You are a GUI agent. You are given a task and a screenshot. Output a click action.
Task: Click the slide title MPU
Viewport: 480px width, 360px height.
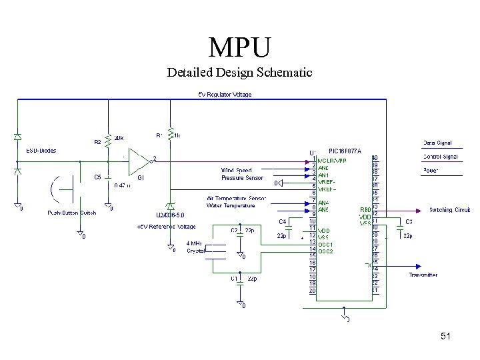click(240, 47)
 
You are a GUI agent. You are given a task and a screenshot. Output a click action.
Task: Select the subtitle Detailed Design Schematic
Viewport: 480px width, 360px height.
click(239, 72)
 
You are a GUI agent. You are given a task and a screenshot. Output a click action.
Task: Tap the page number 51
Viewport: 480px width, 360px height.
click(445, 337)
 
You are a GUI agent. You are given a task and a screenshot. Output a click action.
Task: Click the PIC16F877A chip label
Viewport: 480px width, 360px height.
click(345, 151)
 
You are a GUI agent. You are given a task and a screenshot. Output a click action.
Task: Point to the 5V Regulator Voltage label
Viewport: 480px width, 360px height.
click(225, 95)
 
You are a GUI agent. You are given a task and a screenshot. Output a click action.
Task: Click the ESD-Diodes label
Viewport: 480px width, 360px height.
click(41, 151)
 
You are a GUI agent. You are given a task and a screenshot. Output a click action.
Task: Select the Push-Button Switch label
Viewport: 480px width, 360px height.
click(72, 213)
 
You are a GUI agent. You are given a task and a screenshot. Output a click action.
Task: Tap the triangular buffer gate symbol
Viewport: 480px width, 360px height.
click(138, 161)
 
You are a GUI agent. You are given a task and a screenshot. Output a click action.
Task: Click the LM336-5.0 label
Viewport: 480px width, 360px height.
click(171, 215)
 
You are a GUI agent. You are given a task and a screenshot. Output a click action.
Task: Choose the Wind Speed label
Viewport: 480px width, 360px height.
click(237, 171)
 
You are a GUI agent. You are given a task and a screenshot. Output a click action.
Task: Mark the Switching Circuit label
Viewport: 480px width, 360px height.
click(449, 210)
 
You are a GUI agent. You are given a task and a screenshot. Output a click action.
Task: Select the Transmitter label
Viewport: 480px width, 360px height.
click(423, 275)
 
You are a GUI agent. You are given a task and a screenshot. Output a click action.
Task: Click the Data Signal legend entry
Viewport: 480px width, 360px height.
click(437, 143)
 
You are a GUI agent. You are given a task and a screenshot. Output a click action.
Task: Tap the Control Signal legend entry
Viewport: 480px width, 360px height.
click(440, 157)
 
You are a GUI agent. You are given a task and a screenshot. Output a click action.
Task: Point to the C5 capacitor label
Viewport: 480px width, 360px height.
click(97, 177)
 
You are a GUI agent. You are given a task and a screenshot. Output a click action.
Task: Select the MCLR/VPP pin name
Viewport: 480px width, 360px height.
click(332, 161)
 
